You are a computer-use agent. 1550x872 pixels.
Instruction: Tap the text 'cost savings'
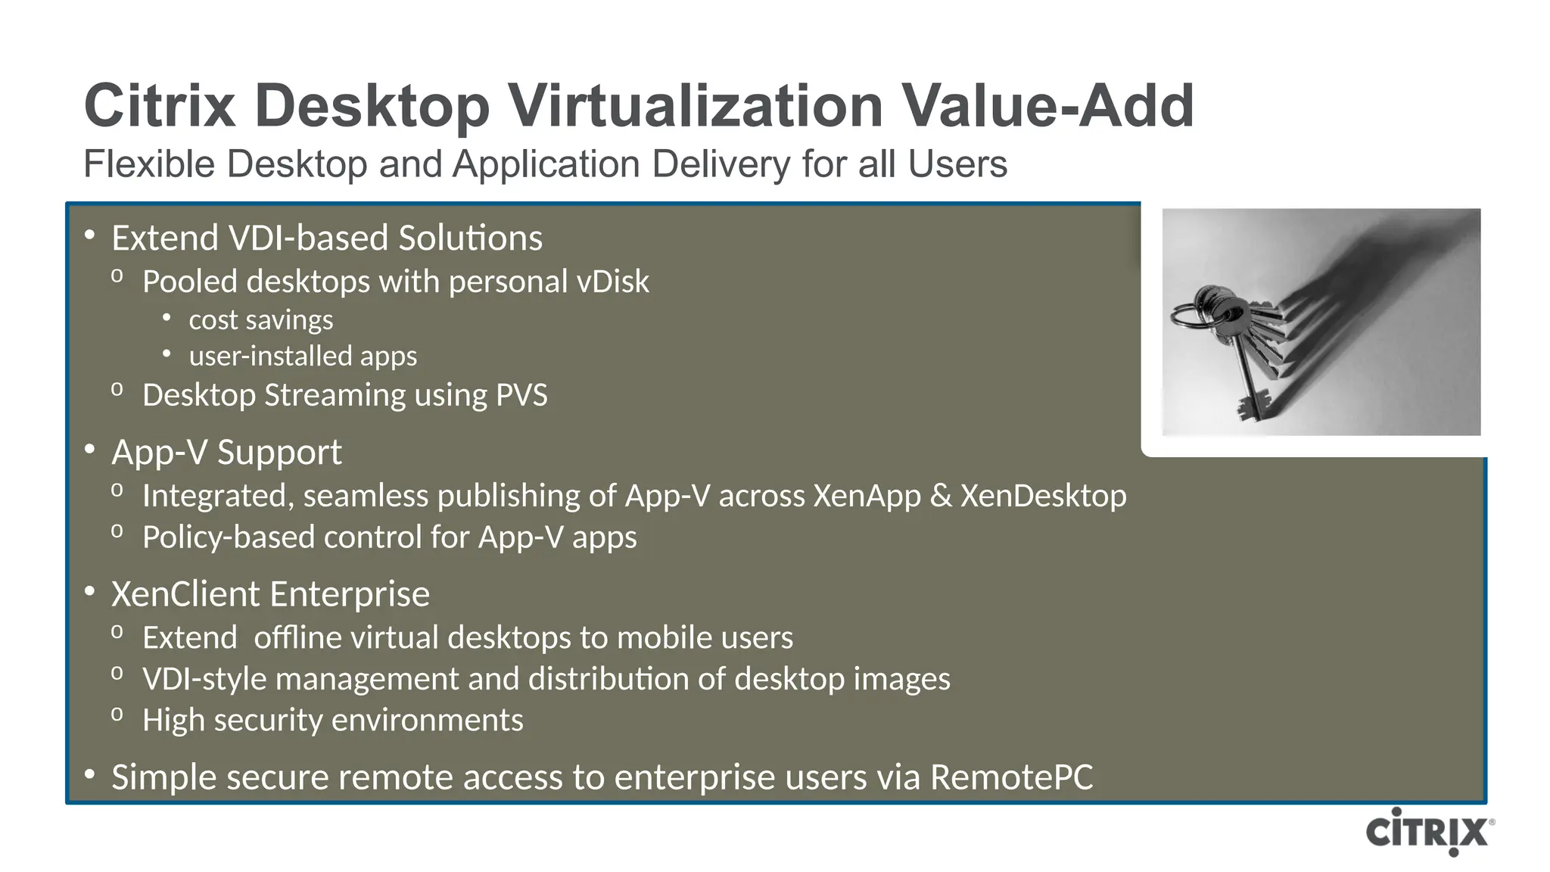[x=260, y=320]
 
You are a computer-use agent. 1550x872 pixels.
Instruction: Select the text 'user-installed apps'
[x=303, y=356]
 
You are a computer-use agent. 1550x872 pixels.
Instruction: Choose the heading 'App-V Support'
[x=226, y=453]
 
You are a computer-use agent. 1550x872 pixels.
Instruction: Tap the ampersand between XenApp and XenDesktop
[x=940, y=496]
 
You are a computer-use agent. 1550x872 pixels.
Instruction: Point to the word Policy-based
[x=229, y=537]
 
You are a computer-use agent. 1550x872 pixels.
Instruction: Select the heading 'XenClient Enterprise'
[x=270, y=594]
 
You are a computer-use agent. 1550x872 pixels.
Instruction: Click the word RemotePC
[x=1011, y=777]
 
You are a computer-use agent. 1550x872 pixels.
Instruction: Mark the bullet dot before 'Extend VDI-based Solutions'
[x=89, y=235]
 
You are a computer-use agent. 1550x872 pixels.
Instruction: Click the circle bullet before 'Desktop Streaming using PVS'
[x=117, y=390]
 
